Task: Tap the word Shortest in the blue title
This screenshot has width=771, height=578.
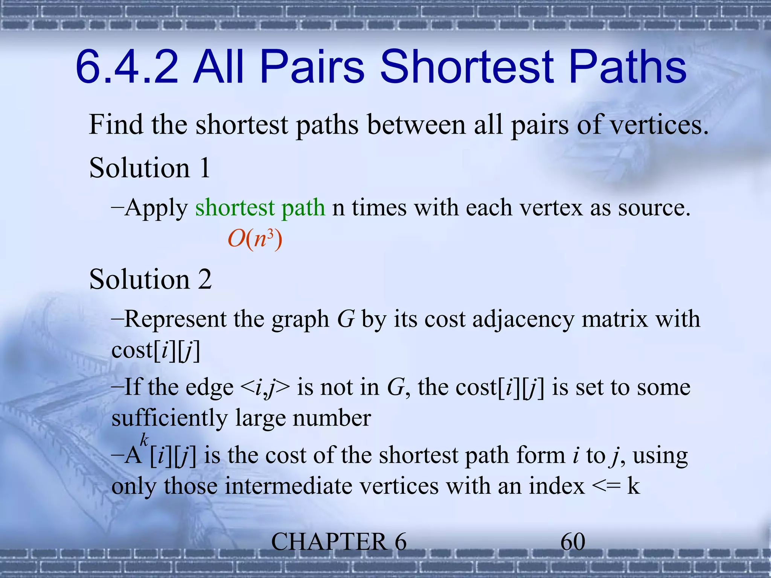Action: pyautogui.click(x=467, y=68)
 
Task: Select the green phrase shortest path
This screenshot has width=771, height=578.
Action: pyautogui.click(x=260, y=208)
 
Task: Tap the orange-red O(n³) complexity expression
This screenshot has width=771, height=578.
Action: pyautogui.click(x=255, y=239)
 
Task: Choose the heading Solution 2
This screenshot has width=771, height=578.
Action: pyautogui.click(x=150, y=280)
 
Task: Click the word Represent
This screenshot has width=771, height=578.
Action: pyautogui.click(x=175, y=319)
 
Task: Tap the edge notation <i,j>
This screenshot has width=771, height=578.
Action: pyautogui.click(x=265, y=388)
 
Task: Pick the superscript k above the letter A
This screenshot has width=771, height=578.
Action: pyautogui.click(x=144, y=439)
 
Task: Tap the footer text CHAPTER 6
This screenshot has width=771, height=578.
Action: pyautogui.click(x=339, y=542)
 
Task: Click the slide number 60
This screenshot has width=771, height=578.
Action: pyautogui.click(x=573, y=542)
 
